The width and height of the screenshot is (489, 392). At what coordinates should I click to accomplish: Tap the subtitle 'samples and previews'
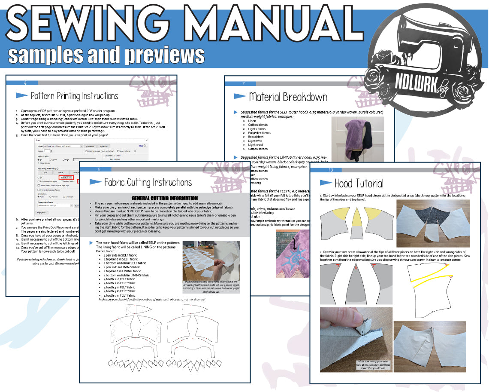(106, 55)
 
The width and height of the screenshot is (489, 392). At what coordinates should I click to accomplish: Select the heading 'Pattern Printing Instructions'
(75, 96)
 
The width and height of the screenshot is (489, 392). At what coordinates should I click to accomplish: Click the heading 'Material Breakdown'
(288, 97)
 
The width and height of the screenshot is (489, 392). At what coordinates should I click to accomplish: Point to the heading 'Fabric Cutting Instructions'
(148, 182)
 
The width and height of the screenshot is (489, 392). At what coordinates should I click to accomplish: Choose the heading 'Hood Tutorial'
(359, 184)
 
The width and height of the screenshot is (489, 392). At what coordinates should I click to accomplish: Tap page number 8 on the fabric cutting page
(99, 169)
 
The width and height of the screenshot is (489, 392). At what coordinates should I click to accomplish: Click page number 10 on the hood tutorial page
(330, 170)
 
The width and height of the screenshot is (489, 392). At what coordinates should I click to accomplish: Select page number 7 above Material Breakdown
(244, 84)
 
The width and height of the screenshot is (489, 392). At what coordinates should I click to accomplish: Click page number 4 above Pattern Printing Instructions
(25, 83)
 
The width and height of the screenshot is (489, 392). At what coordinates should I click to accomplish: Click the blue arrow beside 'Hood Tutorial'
(325, 183)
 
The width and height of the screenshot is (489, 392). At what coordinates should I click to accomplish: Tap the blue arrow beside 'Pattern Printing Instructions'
(22, 95)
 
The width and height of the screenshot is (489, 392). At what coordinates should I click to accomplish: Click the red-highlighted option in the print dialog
(66, 177)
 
